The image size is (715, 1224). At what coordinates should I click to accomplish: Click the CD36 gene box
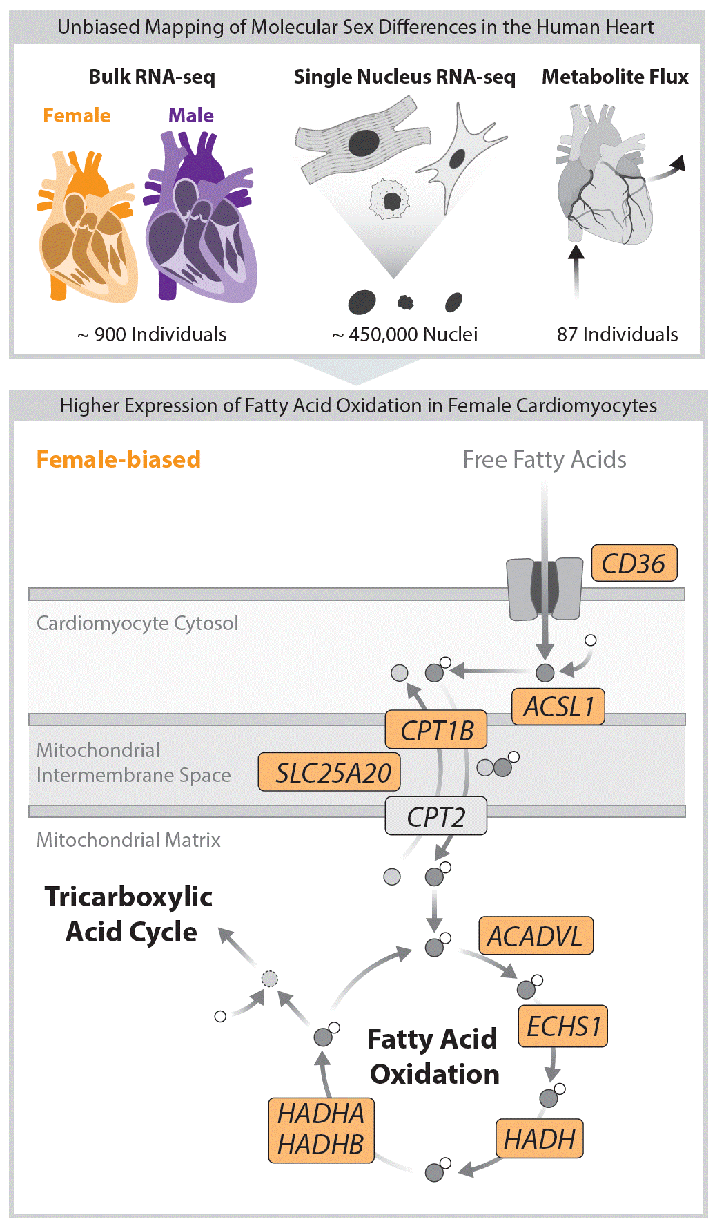(634, 563)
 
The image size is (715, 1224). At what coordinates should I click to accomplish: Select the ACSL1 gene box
(558, 707)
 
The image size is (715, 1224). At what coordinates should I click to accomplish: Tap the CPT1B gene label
(436, 730)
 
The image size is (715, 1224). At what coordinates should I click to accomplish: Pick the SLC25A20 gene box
(329, 772)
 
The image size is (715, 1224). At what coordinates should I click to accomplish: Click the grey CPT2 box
(435, 816)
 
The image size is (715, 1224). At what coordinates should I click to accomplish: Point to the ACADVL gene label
(536, 936)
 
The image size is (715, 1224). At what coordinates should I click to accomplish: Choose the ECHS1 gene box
(563, 1026)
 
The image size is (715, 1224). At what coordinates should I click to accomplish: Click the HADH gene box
(540, 1139)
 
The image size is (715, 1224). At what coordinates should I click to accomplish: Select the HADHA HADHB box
(322, 1130)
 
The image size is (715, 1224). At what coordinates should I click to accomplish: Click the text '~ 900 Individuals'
(152, 334)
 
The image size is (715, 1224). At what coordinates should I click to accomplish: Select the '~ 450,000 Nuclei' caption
(405, 334)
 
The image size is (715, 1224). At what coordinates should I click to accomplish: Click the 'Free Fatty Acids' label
(545, 459)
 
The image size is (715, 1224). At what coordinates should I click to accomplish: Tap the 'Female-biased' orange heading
(119, 459)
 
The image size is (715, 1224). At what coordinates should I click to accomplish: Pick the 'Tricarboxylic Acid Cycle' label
(129, 914)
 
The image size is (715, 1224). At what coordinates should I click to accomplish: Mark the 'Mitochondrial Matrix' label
(128, 840)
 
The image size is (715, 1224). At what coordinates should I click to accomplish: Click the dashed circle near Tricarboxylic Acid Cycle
(270, 979)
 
